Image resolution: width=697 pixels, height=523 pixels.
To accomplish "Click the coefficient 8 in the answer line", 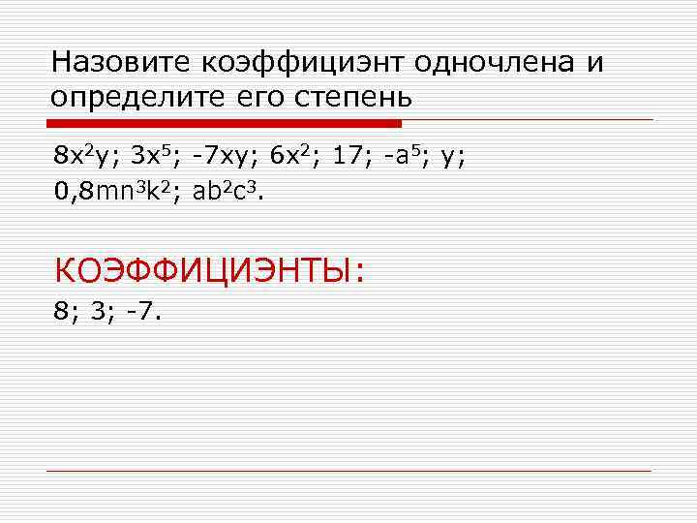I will tap(61, 313).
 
